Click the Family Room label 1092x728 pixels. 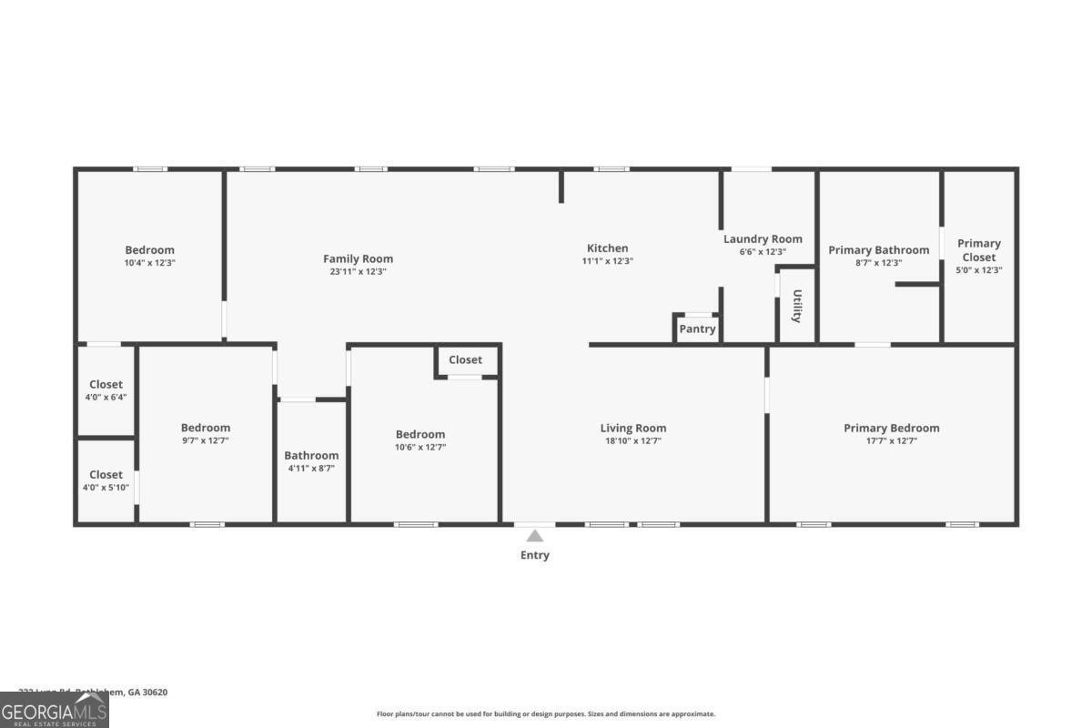(x=359, y=258)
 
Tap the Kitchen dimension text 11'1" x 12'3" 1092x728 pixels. (x=607, y=261)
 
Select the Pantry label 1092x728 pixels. (x=697, y=329)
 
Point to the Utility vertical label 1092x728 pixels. (x=797, y=307)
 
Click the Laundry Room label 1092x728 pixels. (x=763, y=239)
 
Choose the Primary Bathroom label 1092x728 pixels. (x=877, y=250)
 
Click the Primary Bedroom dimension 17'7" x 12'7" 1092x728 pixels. (x=891, y=441)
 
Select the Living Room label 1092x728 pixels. (x=632, y=428)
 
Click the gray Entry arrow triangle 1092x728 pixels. (x=535, y=536)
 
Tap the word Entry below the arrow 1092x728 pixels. (x=535, y=555)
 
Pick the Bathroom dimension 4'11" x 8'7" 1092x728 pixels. (x=311, y=469)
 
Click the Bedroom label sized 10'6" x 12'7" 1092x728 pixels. (x=420, y=434)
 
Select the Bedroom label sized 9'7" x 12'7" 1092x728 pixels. (x=206, y=428)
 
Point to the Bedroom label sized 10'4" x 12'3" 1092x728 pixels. (x=149, y=250)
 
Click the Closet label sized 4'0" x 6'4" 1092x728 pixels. (x=106, y=385)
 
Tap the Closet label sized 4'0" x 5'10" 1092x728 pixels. (x=106, y=474)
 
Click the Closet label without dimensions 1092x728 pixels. (x=465, y=359)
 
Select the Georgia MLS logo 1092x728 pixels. (x=55, y=710)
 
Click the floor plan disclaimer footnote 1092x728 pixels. (x=546, y=714)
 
